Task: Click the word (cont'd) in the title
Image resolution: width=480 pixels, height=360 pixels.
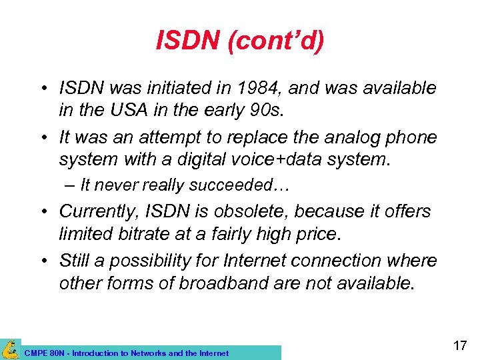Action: [276, 41]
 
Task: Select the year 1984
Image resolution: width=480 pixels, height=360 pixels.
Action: [275, 88]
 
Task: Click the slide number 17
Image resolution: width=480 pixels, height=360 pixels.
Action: [459, 346]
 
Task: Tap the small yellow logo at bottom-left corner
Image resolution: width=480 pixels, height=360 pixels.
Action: [10, 349]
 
